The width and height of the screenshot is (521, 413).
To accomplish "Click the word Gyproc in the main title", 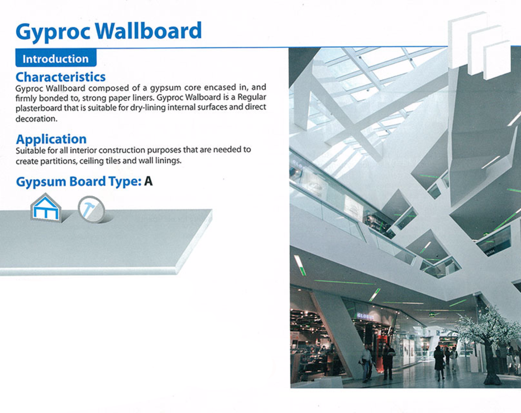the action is pos(53,32).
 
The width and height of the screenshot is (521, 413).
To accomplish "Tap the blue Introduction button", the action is pos(56,58).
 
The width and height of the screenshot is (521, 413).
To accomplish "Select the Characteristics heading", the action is pos(60,77).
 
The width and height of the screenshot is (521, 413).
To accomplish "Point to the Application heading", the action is pos(51,139).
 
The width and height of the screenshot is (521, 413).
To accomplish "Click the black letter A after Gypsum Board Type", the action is pos(148,181).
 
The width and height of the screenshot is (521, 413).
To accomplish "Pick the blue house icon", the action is pos(46,208).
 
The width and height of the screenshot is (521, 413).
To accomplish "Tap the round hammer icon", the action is pos(92,210).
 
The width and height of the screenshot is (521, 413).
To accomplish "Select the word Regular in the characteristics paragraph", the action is pos(252,97).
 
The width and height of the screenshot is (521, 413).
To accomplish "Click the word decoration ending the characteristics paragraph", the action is pos(36,118).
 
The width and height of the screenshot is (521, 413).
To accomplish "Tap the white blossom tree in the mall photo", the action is pos(489,343).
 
